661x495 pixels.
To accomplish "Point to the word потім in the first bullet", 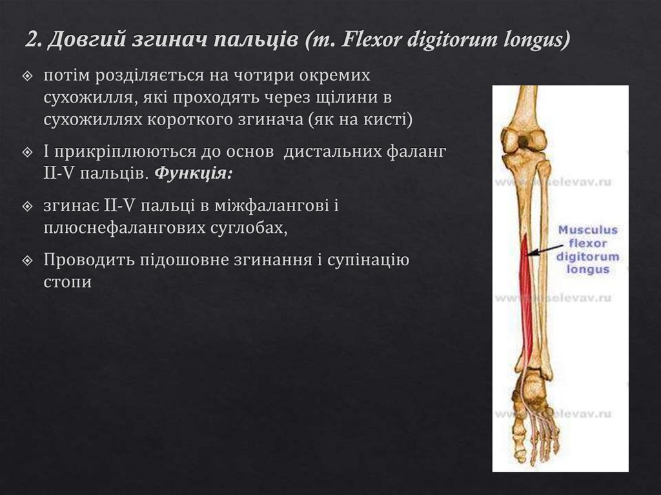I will [x=66, y=76].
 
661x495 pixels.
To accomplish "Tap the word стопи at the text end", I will [x=67, y=282].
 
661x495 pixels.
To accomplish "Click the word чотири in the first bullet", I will [x=267, y=76].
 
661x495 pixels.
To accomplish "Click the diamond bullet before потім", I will [x=27, y=76].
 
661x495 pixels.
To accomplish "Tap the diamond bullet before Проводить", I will [x=27, y=261].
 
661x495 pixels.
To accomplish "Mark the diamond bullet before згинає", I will [x=27, y=207].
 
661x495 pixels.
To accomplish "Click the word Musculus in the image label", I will [x=587, y=230].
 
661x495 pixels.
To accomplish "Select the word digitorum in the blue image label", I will [x=587, y=257].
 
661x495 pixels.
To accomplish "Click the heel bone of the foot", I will [x=533, y=387].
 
